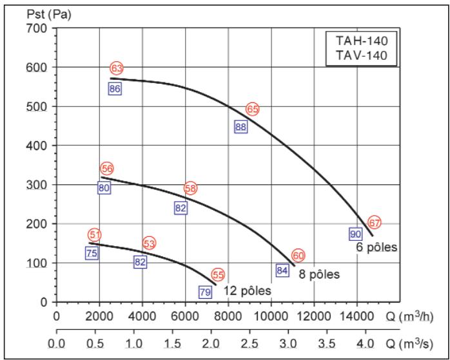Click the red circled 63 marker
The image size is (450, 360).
(117, 68)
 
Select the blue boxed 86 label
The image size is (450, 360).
(115, 89)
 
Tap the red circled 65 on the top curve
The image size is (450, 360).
(253, 109)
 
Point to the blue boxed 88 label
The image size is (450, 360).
(241, 127)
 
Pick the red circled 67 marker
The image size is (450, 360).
(375, 223)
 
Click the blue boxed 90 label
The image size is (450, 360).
(355, 234)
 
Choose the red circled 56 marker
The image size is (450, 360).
(107, 169)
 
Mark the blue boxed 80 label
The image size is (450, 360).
(104, 188)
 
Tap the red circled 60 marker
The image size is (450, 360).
(298, 255)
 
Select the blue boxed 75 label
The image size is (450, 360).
(92, 253)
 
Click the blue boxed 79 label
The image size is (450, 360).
(205, 292)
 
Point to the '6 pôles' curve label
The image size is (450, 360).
(375, 247)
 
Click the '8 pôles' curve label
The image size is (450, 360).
(318, 274)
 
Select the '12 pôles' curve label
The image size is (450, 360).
(248, 291)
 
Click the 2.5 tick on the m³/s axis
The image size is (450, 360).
(250, 344)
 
